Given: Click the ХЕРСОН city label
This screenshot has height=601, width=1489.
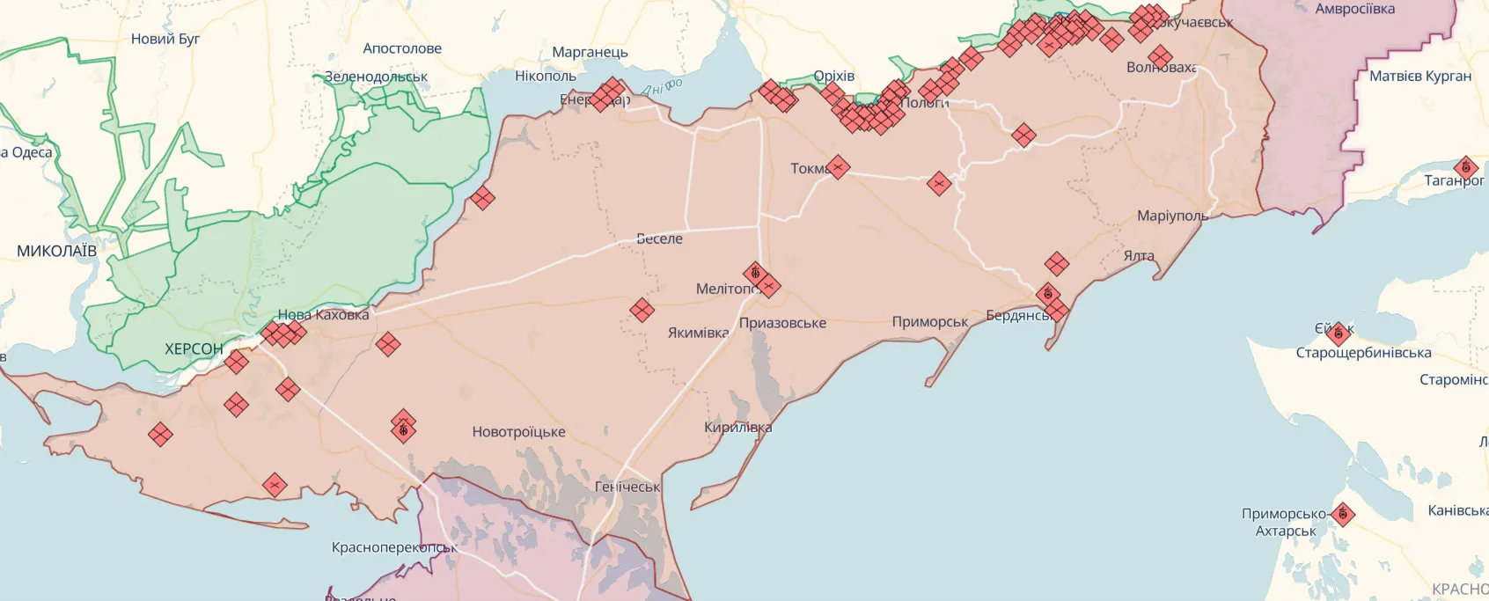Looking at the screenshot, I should pos(194,349).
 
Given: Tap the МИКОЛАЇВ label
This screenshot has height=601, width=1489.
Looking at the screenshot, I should pos(56,252).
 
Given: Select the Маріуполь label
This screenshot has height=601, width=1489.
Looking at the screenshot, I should pos(1172,216).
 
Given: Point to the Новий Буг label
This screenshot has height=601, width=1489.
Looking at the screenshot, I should pos(165,39).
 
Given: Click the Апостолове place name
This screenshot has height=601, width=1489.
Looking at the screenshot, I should pos(402,48).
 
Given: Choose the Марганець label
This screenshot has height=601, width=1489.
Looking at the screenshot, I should pos(590,52).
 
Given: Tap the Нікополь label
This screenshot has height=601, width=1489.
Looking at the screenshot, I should pos(546,77).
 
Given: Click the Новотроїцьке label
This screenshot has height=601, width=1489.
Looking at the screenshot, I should pos(518,432).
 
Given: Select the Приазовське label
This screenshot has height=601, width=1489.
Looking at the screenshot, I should pos(782,323).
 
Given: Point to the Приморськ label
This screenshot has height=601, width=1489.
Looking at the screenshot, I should pos(929,322).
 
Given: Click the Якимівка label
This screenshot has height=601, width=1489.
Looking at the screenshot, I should pos(698,333).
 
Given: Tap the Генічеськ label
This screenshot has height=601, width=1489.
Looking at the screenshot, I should pos(627,487).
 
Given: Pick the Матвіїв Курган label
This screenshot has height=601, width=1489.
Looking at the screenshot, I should pos(1420,77).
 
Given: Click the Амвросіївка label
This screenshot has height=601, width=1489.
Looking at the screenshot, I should pos(1354,10).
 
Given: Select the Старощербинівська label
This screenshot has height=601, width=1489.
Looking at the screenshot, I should pos(1363,353).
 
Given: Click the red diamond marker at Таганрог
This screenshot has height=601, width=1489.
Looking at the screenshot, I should pos(1465,167).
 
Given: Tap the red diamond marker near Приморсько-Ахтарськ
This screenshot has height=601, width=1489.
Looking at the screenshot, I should pos(1342,514).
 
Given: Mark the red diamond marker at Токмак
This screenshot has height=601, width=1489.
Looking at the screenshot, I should pos(838,166).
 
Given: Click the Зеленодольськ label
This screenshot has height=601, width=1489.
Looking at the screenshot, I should pos(376,77).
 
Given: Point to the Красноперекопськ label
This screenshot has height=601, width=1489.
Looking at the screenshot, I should pos(394,547).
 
